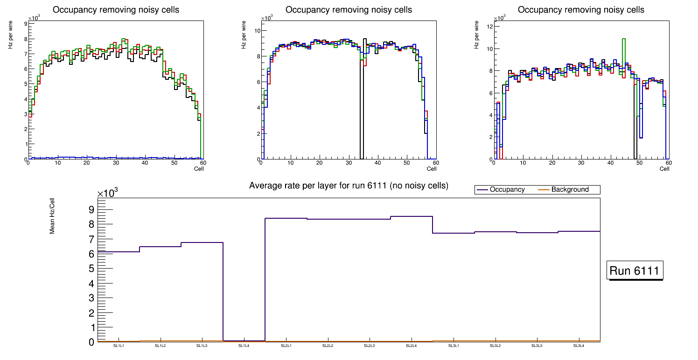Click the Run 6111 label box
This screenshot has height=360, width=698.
pos(635,270)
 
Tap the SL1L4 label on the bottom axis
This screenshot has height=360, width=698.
pos(244,346)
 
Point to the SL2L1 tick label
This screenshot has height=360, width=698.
pos(286,346)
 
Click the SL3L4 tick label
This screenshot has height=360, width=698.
pos(579,346)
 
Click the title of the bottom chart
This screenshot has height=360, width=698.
pos(349,186)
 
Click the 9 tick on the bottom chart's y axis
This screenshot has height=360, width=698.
pos(91,209)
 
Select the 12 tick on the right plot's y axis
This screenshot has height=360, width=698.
pos(490,27)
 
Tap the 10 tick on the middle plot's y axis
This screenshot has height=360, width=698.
pos(257,31)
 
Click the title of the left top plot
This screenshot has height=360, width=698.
pos(116,10)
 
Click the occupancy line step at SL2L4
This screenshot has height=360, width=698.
pos(412,216)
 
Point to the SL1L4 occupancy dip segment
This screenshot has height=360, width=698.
pos(244,341)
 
